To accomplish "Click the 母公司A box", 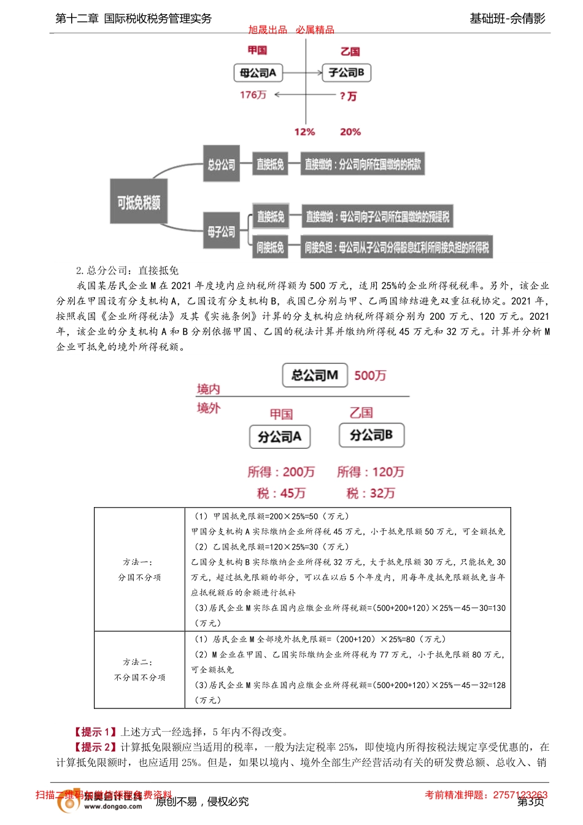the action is click(x=258, y=73).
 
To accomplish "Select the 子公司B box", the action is click(x=346, y=73).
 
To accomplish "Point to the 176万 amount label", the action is click(x=253, y=95).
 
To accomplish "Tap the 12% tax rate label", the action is click(x=304, y=132).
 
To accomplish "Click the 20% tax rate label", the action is click(x=350, y=132).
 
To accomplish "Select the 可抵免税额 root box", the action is click(x=139, y=203).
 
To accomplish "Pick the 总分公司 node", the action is click(x=221, y=165).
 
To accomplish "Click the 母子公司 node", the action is click(x=221, y=232).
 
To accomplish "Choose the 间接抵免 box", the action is click(x=270, y=247).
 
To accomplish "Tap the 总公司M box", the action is click(x=315, y=375).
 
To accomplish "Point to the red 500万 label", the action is click(x=370, y=376).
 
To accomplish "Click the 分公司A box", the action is click(x=279, y=436).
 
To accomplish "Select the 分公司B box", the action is click(x=371, y=435).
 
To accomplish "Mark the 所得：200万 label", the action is click(x=281, y=472).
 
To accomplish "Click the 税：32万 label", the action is click(x=371, y=494).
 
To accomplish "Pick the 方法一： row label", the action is click(x=138, y=562).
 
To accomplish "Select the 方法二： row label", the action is click(x=138, y=662).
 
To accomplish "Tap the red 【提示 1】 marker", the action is click(x=95, y=732).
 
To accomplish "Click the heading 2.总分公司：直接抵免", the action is click(x=127, y=271).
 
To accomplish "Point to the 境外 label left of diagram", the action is click(x=208, y=408).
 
